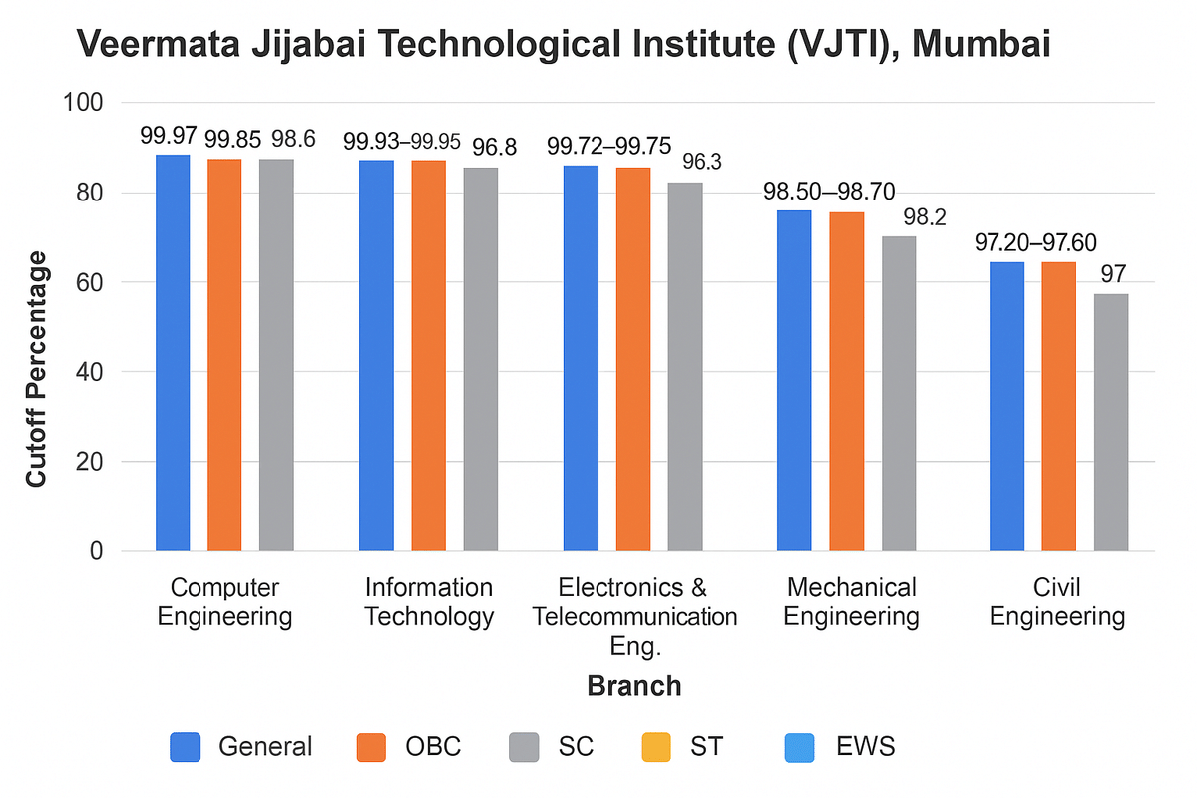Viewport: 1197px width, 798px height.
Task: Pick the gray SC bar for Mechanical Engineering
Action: (x=898, y=393)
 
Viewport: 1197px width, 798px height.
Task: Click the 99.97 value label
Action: (x=168, y=138)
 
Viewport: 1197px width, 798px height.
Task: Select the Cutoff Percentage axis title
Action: (x=37, y=369)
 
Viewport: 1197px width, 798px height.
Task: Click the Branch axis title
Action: (x=634, y=686)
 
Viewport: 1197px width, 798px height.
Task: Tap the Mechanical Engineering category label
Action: (x=851, y=601)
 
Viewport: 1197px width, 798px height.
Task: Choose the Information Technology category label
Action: (x=429, y=601)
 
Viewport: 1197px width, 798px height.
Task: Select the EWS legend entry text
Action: (x=867, y=746)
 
